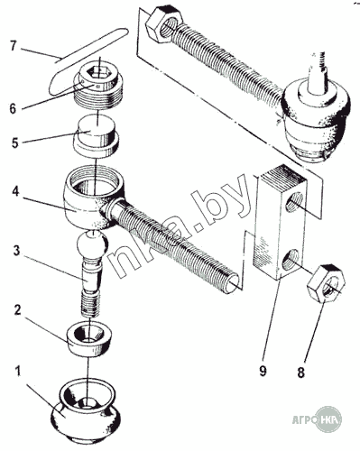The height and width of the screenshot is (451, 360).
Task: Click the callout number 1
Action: tap(18, 372)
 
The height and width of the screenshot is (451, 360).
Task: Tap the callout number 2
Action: tap(17, 310)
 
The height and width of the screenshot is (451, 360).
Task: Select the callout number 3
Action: tap(16, 251)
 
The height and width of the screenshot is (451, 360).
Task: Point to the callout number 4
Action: tap(15, 191)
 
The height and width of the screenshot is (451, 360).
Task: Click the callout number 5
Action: tap(15, 143)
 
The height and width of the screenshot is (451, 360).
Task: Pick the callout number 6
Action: tap(13, 108)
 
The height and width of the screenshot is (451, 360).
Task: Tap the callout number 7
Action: tap(13, 45)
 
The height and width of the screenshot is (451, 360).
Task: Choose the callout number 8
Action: tap(300, 373)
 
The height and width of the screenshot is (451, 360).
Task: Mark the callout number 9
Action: tap(263, 371)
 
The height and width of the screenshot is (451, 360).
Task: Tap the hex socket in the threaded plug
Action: tap(97, 72)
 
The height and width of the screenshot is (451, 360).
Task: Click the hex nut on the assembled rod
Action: tap(163, 25)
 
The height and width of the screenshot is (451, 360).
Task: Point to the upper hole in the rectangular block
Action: tap(294, 202)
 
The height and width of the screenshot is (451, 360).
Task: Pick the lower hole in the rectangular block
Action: tap(291, 258)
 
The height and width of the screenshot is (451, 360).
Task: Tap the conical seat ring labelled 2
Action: tap(89, 338)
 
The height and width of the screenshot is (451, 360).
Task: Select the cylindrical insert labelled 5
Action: tap(96, 136)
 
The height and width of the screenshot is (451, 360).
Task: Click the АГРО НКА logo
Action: tap(318, 420)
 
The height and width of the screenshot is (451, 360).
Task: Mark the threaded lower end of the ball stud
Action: tap(90, 305)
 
